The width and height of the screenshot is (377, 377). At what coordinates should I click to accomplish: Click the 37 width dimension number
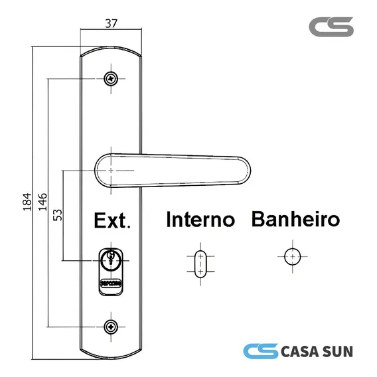click(111, 24)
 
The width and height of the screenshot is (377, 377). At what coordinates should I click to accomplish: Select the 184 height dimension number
click(27, 202)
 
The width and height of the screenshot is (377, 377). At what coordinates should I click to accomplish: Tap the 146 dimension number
click(42, 202)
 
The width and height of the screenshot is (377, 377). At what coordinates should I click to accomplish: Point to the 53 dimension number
click(58, 215)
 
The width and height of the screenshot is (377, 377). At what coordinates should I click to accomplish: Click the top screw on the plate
click(111, 78)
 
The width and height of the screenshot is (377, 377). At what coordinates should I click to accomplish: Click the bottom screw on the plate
click(111, 327)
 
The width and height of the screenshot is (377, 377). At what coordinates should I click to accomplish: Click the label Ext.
click(112, 220)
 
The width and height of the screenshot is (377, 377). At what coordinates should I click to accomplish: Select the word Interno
click(200, 219)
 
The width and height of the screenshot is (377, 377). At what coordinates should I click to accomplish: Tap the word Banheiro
click(295, 219)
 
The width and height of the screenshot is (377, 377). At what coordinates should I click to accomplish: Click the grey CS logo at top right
click(331, 27)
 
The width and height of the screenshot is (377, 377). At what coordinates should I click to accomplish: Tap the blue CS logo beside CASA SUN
click(261, 351)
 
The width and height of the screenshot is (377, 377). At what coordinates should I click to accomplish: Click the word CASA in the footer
click(300, 352)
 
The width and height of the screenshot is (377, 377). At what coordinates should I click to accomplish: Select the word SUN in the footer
click(338, 352)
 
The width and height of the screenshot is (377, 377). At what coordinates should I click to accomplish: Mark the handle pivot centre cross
click(111, 171)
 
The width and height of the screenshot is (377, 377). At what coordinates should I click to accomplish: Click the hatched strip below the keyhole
click(111, 283)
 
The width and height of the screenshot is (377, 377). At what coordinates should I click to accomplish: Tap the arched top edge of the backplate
click(111, 47)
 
